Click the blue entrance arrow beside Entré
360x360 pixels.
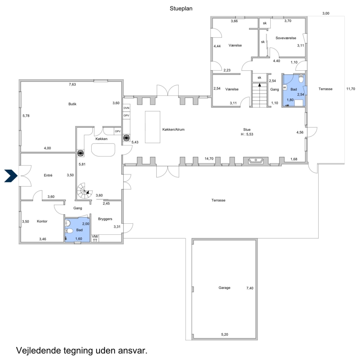[x=11, y=176]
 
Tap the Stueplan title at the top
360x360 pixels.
[x=181, y=8]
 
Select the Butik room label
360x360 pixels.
[x=72, y=104]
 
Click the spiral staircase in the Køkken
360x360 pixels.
[x=84, y=191]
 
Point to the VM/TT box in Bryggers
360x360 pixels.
[x=95, y=238]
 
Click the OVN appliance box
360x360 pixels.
[x=126, y=108]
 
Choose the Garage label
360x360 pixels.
[x=224, y=288]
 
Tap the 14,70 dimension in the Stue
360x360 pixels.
[x=209, y=159]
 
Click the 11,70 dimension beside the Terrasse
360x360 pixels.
[x=351, y=89]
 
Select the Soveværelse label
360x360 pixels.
[x=286, y=38]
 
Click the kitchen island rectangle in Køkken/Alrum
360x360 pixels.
[x=152, y=127]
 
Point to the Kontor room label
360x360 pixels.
[x=42, y=221]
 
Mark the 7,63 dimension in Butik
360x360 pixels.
[x=72, y=84]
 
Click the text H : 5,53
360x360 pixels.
[x=247, y=134]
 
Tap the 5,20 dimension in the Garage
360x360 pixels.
[x=225, y=335]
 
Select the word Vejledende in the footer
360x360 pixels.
[x=38, y=351]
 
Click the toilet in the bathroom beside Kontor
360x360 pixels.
[x=69, y=231]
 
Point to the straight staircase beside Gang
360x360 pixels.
[x=260, y=95]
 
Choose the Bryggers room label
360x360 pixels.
[x=105, y=219]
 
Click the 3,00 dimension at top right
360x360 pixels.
[x=326, y=13]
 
